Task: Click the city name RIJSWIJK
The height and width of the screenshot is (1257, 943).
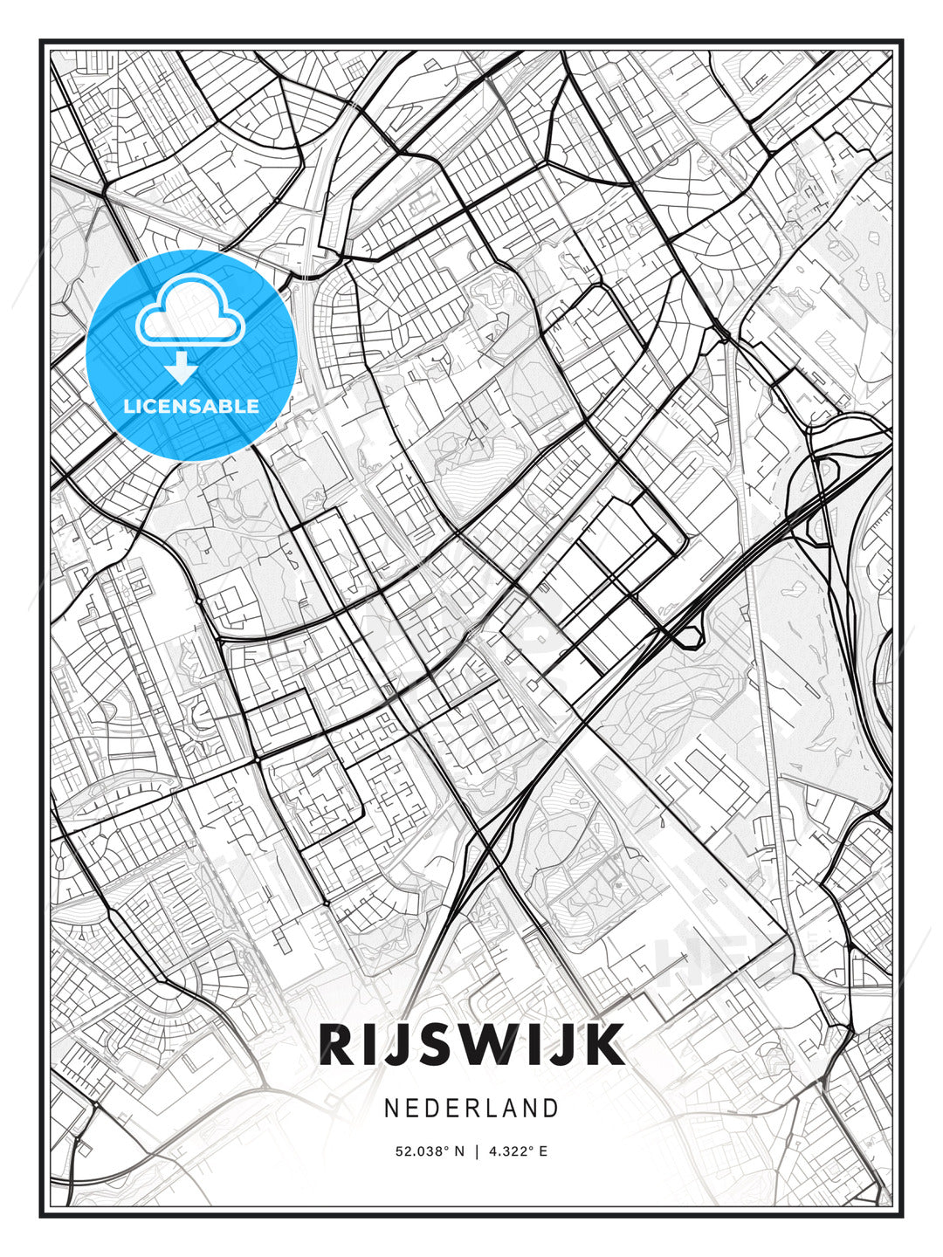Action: pyautogui.click(x=471, y=1044)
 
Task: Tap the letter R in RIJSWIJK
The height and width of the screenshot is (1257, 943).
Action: pyautogui.click(x=336, y=1044)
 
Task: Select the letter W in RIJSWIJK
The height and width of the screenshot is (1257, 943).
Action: pyautogui.click(x=495, y=1044)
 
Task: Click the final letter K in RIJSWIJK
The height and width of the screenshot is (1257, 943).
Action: pyautogui.click(x=606, y=1044)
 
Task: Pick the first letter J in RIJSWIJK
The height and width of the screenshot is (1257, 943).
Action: pyautogui.click(x=394, y=1044)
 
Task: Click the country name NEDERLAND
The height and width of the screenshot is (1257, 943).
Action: pyautogui.click(x=471, y=1109)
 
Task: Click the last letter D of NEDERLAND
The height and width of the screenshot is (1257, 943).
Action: pyautogui.click(x=550, y=1109)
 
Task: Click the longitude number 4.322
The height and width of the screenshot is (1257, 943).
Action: pyautogui.click(x=509, y=1151)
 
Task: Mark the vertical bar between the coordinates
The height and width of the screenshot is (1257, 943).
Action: pyautogui.click(x=477, y=1151)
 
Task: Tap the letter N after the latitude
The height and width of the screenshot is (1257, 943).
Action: pyautogui.click(x=458, y=1151)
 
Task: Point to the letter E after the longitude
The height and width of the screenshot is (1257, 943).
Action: pyautogui.click(x=543, y=1151)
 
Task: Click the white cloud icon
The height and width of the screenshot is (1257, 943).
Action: pyautogui.click(x=189, y=310)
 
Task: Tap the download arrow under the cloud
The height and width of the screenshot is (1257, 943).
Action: pyautogui.click(x=182, y=367)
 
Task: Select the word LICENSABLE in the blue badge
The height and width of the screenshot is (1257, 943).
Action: pyautogui.click(x=191, y=406)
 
